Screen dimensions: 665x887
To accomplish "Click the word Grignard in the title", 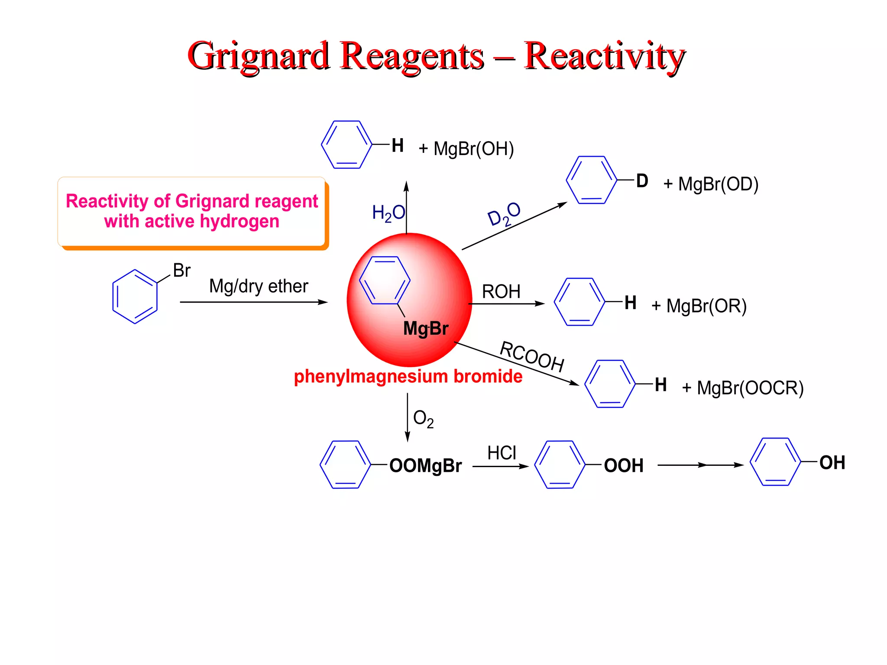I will pyautogui.click(x=259, y=56).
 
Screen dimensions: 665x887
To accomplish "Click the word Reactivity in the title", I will pyautogui.click(x=605, y=56).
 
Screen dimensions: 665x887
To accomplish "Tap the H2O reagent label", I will pyautogui.click(x=388, y=213).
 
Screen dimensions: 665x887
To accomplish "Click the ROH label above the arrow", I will pyautogui.click(x=501, y=291).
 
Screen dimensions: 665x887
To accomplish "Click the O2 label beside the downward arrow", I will pyautogui.click(x=423, y=419).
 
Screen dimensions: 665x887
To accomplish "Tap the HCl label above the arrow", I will pyautogui.click(x=502, y=453).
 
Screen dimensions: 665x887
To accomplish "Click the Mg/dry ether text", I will pyautogui.click(x=259, y=286).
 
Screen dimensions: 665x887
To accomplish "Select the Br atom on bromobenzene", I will pyautogui.click(x=181, y=271).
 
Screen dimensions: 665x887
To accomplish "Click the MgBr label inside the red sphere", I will pyautogui.click(x=426, y=329).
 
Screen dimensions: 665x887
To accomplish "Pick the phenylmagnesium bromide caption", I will pyautogui.click(x=408, y=376).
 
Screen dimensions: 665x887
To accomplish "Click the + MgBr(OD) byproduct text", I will pyautogui.click(x=711, y=184).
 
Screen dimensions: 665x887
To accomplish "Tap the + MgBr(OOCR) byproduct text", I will pyautogui.click(x=743, y=388).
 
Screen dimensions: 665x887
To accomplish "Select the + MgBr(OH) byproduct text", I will pyautogui.click(x=466, y=149).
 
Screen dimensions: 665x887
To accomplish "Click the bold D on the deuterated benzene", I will pyautogui.click(x=642, y=181).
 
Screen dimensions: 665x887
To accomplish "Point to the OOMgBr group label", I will pyautogui.click(x=425, y=466).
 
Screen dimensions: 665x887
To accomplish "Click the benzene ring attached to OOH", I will pyautogui.click(x=560, y=465).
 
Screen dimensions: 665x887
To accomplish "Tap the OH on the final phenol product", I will pyautogui.click(x=832, y=463).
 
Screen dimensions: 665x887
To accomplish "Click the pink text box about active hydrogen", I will pyautogui.click(x=192, y=212).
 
